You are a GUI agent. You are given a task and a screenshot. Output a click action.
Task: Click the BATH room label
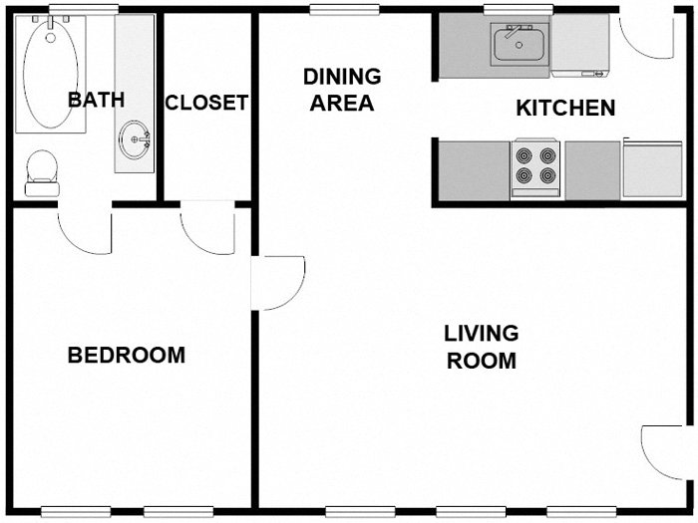point(96,100)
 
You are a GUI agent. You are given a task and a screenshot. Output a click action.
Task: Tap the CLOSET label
point(206,104)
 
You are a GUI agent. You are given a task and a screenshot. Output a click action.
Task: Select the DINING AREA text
point(341,90)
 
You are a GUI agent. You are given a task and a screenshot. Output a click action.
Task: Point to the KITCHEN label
point(564,109)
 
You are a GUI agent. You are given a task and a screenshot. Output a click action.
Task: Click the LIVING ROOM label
point(481,347)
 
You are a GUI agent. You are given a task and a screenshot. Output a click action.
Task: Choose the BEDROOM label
point(126,356)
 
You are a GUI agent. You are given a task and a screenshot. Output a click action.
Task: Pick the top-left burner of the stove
point(524,154)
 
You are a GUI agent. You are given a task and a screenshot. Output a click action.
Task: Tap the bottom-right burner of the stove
point(546,177)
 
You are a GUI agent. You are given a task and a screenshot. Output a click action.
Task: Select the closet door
point(207,229)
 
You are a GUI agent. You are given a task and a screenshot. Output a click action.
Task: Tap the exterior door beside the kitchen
point(644,34)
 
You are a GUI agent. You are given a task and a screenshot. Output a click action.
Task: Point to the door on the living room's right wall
point(663,451)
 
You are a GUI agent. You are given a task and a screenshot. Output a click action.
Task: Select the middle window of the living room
point(464,512)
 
